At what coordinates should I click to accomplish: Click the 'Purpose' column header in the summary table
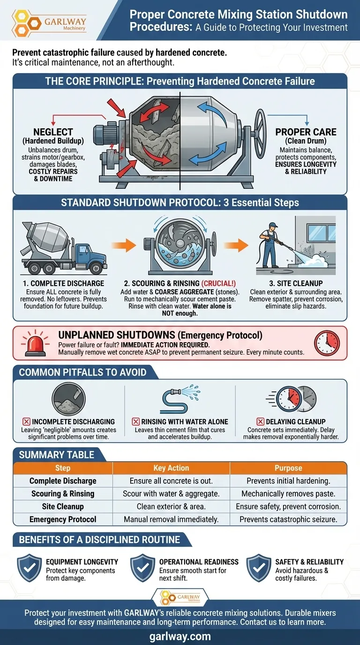(288, 468)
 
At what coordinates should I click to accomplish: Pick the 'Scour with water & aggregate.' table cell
(171, 494)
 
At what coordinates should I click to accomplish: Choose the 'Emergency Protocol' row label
(63, 519)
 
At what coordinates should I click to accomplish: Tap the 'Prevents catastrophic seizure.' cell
(288, 519)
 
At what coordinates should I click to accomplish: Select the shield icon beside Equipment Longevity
(30, 568)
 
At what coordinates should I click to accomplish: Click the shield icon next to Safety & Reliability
(259, 568)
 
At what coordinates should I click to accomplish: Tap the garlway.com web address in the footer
(180, 637)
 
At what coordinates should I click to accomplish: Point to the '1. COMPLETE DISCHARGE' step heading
(64, 283)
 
